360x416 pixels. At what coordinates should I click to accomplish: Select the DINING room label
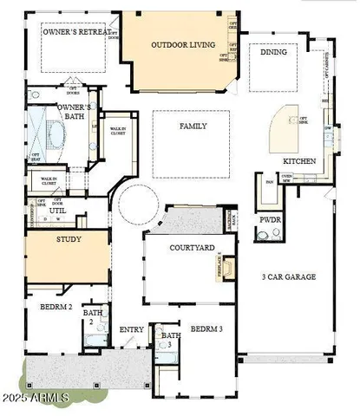pyautogui.click(x=273, y=52)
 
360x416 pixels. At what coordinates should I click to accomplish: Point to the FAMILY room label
pyautogui.click(x=193, y=126)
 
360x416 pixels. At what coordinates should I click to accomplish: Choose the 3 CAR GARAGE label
pyautogui.click(x=289, y=277)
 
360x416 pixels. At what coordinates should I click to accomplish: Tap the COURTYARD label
pyautogui.click(x=193, y=248)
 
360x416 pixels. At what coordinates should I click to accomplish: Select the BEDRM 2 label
pyautogui.click(x=49, y=308)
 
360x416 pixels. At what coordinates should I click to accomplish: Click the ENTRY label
pyautogui.click(x=132, y=328)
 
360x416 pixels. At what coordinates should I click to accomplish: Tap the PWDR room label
pyautogui.click(x=270, y=220)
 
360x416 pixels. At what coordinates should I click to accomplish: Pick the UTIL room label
pyautogui.click(x=58, y=211)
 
